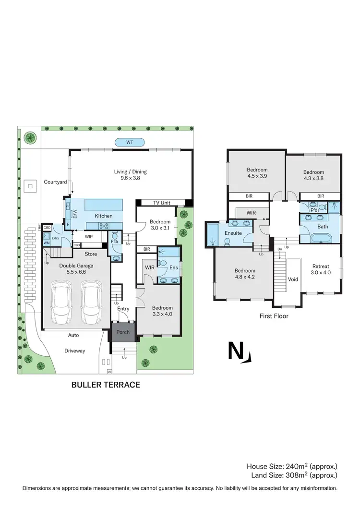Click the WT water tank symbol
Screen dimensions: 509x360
click(x=129, y=142)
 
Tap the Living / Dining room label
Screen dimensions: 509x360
click(x=130, y=175)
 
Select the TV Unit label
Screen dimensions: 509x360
click(x=162, y=203)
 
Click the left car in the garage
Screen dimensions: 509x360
click(x=61, y=302)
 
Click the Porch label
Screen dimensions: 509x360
click(x=123, y=332)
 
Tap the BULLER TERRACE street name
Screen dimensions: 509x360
click(x=106, y=385)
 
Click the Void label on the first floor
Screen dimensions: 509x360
click(x=293, y=279)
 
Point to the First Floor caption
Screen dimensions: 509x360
click(x=273, y=316)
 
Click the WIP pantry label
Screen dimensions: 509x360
click(x=89, y=236)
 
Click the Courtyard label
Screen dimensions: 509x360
click(x=55, y=182)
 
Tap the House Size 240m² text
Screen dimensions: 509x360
click(x=292, y=466)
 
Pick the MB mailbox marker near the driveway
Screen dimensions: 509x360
click(x=109, y=371)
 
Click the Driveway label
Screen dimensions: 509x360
click(x=74, y=351)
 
